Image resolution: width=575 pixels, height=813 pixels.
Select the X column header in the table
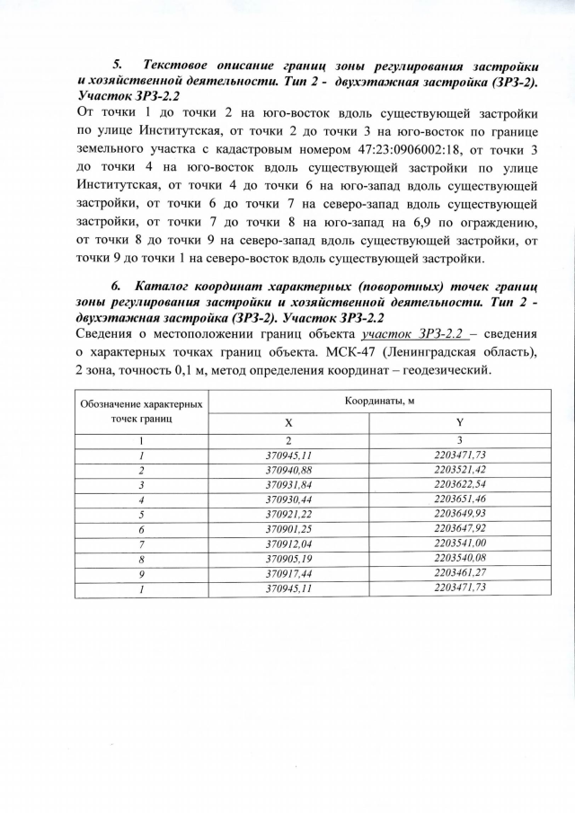[x=288, y=422]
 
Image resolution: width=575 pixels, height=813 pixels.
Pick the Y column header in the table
[x=459, y=422]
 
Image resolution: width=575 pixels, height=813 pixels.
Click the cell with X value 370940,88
[x=288, y=470]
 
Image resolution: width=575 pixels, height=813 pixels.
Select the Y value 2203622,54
[x=459, y=485]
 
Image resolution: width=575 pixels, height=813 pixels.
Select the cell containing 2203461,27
[x=459, y=572]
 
